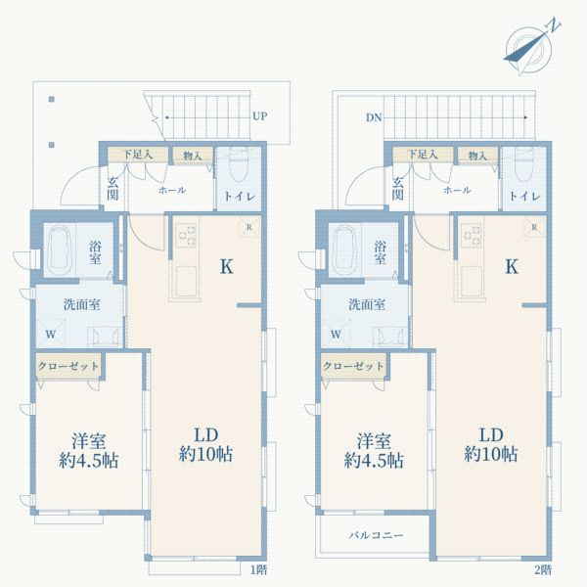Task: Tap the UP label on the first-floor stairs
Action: tap(260, 116)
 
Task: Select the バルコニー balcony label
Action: tap(376, 536)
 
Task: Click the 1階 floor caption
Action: tap(257, 569)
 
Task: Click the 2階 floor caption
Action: tap(543, 569)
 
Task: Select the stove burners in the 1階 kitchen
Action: tap(185, 235)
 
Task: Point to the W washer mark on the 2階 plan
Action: tap(336, 334)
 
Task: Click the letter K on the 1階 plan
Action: tap(225, 266)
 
